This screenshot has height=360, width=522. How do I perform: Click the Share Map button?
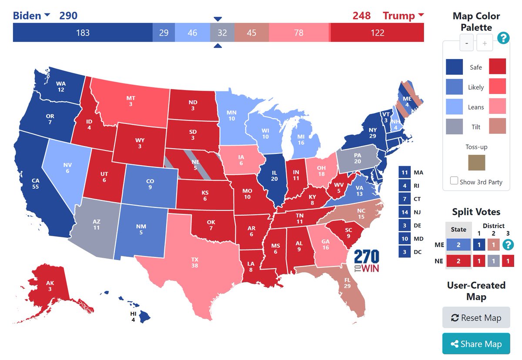[x=476, y=344]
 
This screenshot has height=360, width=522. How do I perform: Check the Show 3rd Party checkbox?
[x=454, y=181]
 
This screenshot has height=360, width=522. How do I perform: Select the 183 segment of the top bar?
[x=83, y=33]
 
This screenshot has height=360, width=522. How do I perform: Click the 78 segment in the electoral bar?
[x=298, y=33]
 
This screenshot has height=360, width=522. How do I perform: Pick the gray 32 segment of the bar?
[x=222, y=33]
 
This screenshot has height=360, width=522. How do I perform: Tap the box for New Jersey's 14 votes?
[x=405, y=212]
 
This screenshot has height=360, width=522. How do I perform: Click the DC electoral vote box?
[x=405, y=252]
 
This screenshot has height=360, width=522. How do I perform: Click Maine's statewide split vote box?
[x=458, y=245]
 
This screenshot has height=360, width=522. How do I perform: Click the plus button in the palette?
[x=484, y=43]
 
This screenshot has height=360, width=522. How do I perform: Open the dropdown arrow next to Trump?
[x=421, y=16]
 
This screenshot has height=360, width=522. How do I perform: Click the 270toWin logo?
[x=366, y=261]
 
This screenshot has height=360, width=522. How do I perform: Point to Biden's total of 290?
[x=68, y=16]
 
